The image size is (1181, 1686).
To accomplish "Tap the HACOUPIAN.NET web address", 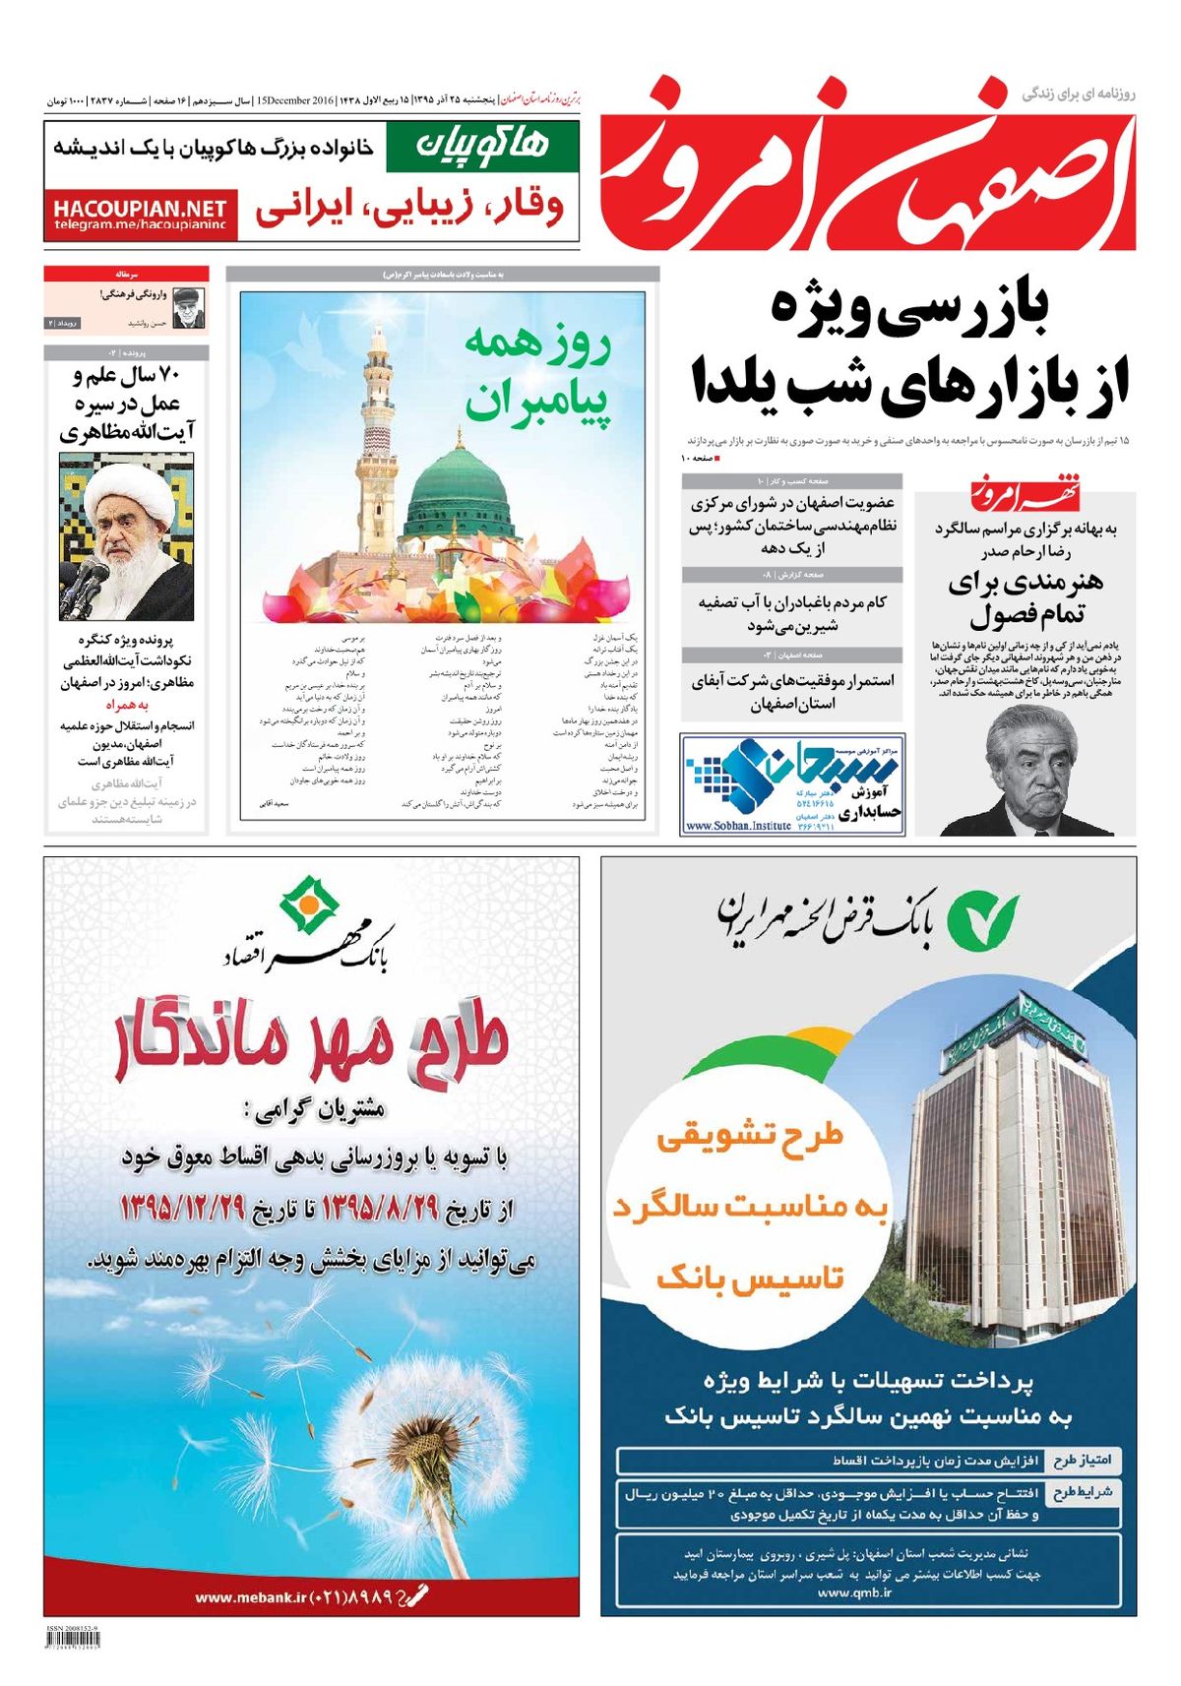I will coord(140,209).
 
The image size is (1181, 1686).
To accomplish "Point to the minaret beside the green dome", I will coord(378,433).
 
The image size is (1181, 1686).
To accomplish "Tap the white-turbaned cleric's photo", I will coord(126,536).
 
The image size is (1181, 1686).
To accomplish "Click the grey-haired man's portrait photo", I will coord(1027,773).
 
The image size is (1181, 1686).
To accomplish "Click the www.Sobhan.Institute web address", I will coord(738,826).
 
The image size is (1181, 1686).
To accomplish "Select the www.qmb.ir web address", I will coord(854,1592).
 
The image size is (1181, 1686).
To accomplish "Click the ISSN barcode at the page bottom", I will coord(73,1640).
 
